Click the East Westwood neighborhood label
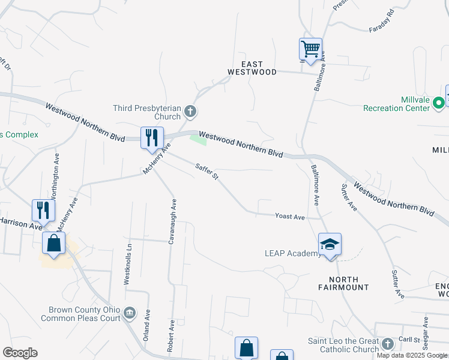pyautogui.click(x=252, y=68)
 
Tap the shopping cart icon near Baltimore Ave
pyautogui.click(x=310, y=49)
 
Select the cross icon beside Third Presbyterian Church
pyautogui.click(x=191, y=111)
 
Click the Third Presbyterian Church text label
pyautogui.click(x=147, y=112)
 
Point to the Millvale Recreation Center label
pyautogui.click(x=396, y=104)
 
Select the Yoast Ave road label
pyautogui.click(x=291, y=216)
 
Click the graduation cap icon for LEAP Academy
pyautogui.click(x=330, y=244)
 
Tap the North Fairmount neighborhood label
pyautogui.click(x=343, y=284)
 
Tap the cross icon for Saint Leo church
pyautogui.click(x=387, y=344)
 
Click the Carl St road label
pyautogui.click(x=408, y=339)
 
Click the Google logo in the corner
pyautogui.click(x=20, y=353)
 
